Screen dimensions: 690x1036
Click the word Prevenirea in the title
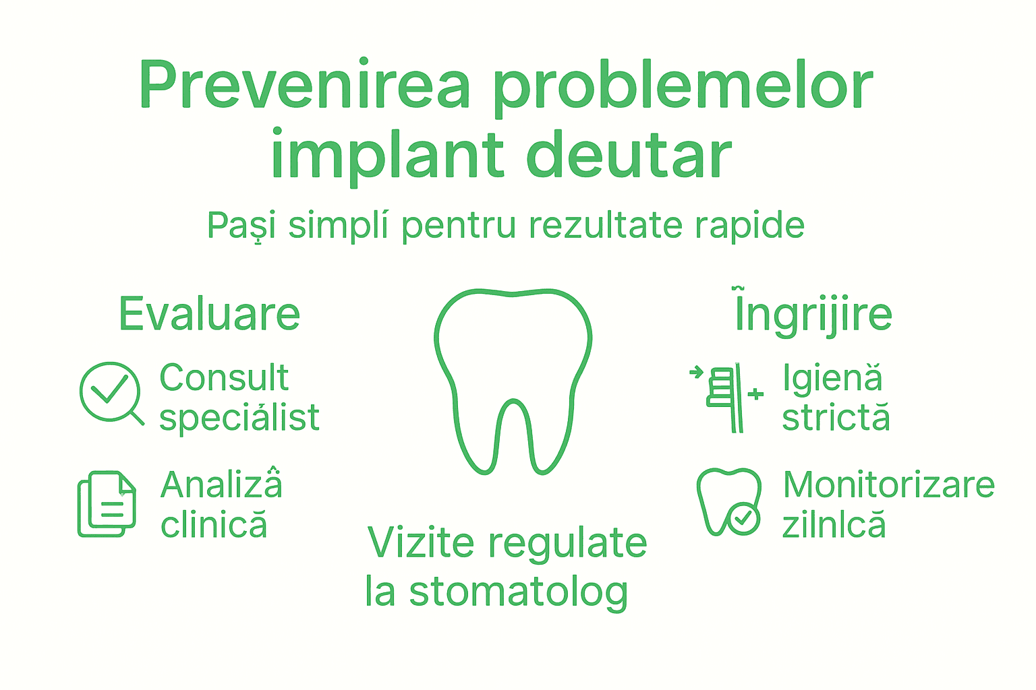tap(304, 86)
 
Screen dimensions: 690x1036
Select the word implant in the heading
tap(387, 156)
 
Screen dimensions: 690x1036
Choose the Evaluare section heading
tap(209, 314)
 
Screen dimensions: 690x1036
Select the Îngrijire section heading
tap(813, 314)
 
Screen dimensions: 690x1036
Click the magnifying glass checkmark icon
tap(111, 393)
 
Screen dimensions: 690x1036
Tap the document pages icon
tap(107, 504)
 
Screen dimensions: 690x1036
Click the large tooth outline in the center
tap(513, 377)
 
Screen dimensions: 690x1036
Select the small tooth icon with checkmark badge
tap(729, 503)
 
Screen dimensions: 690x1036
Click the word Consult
tap(224, 377)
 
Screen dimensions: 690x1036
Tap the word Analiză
tap(221, 484)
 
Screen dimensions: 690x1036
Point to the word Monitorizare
tap(888, 484)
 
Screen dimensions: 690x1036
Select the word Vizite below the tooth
tap(421, 543)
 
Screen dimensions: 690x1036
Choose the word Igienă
tap(832, 378)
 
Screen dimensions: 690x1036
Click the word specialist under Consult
tap(239, 418)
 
